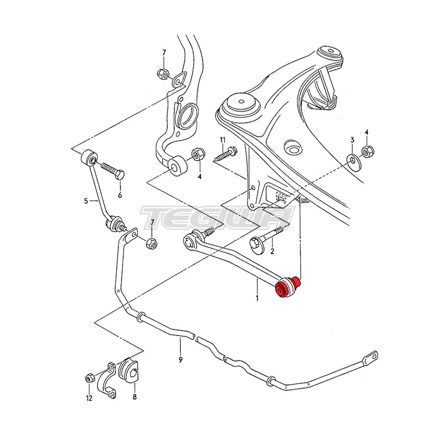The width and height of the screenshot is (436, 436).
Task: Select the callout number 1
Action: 257,298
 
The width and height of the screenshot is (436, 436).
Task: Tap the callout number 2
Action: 272,252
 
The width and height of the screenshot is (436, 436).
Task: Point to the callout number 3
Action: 352,140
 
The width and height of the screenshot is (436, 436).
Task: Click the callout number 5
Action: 87,200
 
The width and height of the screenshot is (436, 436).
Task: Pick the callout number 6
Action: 120,195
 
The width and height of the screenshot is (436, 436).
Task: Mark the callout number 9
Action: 180,359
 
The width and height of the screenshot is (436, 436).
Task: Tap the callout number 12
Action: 89,397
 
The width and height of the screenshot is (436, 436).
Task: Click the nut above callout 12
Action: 89,378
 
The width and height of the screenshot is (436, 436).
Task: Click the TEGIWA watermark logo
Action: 217,216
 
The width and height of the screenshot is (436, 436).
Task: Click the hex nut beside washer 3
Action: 368,152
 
